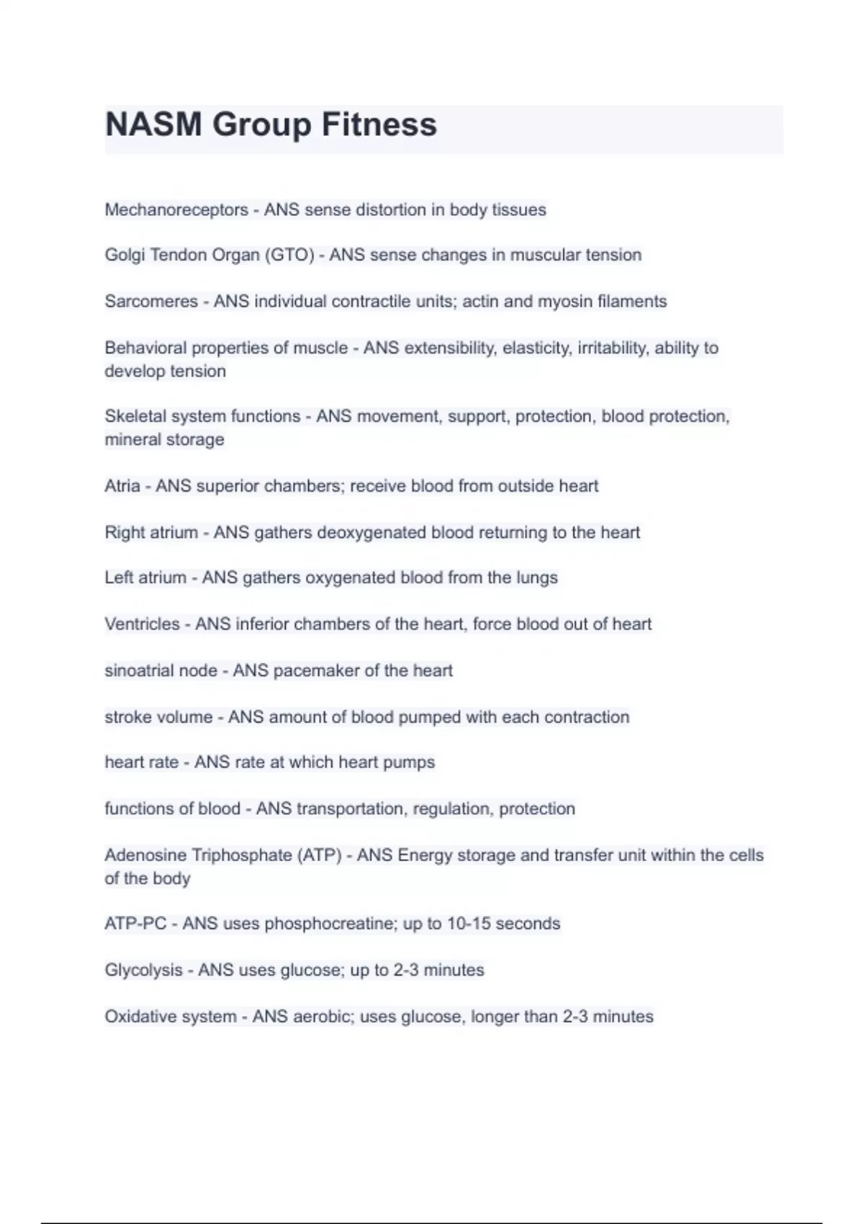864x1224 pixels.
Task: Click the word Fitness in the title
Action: [x=379, y=125]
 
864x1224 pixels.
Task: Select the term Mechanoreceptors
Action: [x=176, y=210]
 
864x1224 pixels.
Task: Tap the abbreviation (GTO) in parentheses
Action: [x=290, y=255]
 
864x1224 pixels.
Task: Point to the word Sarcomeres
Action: [x=151, y=301]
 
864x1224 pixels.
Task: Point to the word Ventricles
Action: [x=142, y=624]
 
